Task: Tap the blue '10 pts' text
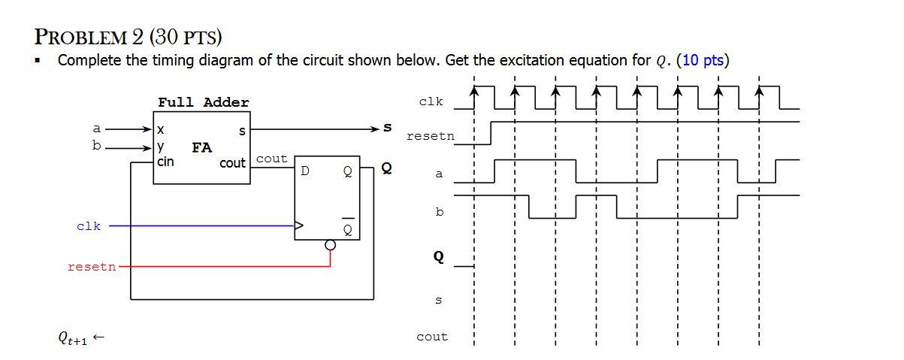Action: pos(703,60)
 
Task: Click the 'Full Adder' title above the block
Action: pos(203,102)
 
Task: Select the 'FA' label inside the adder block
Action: pos(201,147)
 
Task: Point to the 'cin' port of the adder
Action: pos(166,162)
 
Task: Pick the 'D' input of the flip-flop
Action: pos(304,171)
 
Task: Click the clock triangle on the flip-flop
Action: pos(299,225)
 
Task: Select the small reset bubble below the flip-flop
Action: pos(329,245)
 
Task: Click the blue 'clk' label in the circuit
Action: pos(88,225)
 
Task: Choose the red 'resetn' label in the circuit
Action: pos(92,266)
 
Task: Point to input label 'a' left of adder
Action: pos(97,129)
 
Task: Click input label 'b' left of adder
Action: pos(96,146)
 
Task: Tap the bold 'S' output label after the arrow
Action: pos(389,129)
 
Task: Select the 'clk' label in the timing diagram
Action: pos(431,101)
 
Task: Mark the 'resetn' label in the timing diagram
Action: pos(430,136)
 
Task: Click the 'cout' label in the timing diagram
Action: pos(431,337)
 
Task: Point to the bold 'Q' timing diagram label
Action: pos(438,257)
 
